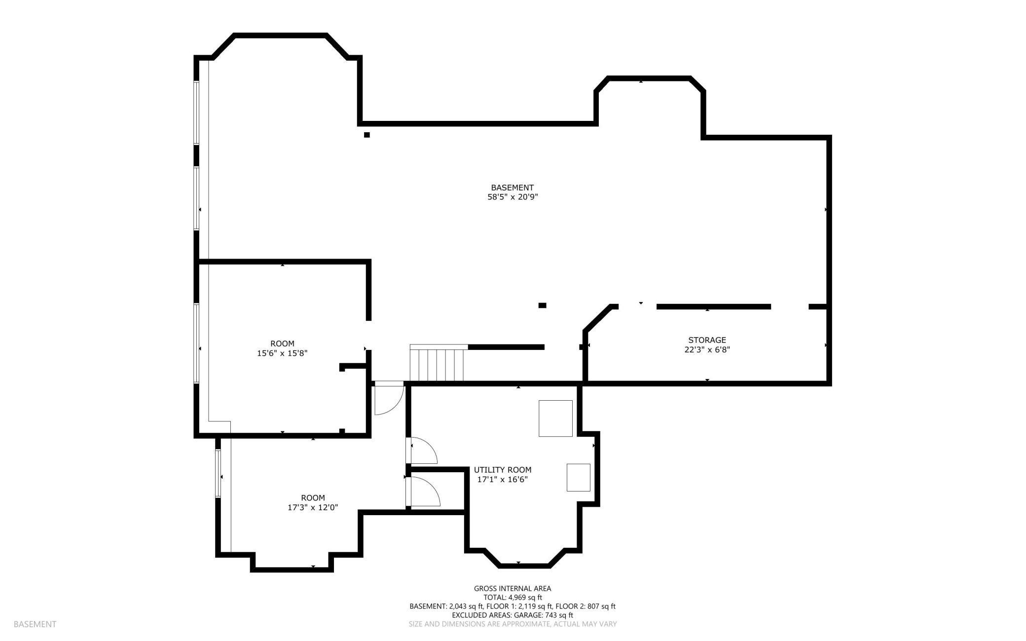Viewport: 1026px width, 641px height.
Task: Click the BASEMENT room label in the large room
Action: [x=512, y=188]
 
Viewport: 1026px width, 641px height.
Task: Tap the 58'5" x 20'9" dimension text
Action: [x=512, y=197]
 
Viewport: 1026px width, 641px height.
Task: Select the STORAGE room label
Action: [x=707, y=340]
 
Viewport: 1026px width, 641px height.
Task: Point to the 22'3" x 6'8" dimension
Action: [x=707, y=350]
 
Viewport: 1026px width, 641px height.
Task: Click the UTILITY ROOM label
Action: [x=503, y=470]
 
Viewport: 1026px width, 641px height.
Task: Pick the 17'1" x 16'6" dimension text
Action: [x=503, y=479]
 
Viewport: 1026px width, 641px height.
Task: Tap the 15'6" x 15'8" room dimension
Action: [x=282, y=353]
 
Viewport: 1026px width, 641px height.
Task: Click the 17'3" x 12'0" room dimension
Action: [x=313, y=507]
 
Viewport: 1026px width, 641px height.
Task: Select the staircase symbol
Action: [x=438, y=363]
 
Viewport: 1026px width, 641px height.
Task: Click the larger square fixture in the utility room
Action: [x=555, y=418]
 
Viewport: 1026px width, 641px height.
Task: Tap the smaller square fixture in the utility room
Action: [x=578, y=477]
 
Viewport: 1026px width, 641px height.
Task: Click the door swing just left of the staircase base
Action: [x=389, y=398]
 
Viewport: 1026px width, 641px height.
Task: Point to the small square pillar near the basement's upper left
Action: [x=366, y=135]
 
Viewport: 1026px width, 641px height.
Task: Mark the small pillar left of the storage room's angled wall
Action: [x=542, y=305]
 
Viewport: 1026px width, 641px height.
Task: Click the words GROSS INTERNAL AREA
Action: [x=513, y=588]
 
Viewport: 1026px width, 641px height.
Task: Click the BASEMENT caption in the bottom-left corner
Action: [x=35, y=624]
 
